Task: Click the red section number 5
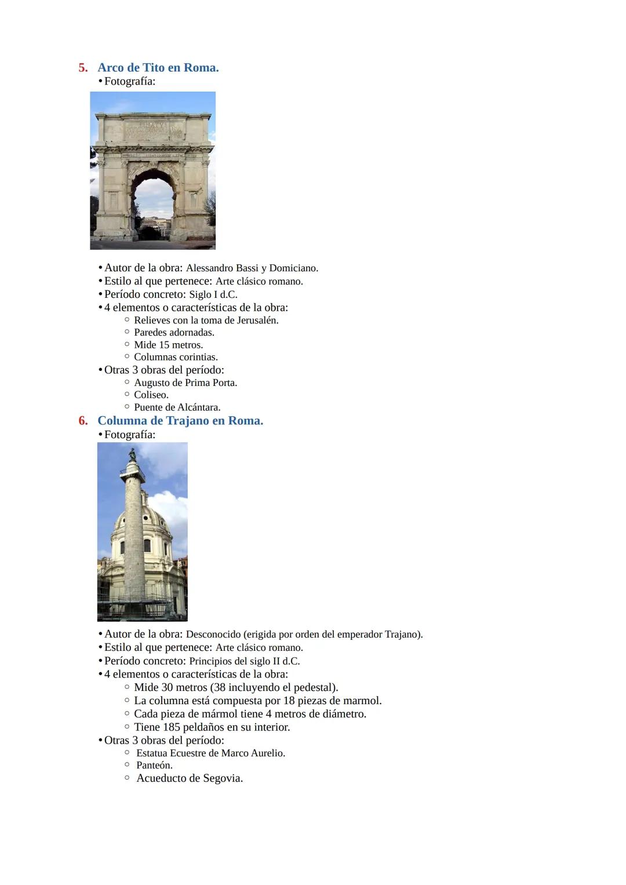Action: [x=83, y=68]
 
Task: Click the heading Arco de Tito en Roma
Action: [x=158, y=68]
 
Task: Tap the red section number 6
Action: [x=83, y=421]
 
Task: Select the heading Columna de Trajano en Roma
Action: [x=180, y=421]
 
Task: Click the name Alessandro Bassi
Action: [x=222, y=268]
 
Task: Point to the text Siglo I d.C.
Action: [x=213, y=294]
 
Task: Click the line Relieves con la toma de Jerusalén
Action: [x=206, y=321]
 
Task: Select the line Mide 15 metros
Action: [x=168, y=345]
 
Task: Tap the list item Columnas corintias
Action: [x=176, y=357]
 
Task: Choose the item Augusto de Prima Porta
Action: [x=185, y=383]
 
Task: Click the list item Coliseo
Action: [x=151, y=395]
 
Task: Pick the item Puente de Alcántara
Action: [x=177, y=407]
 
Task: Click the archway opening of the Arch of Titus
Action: [x=153, y=209]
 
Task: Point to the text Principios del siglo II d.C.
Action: [x=244, y=661]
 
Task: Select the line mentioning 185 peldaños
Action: [x=212, y=727]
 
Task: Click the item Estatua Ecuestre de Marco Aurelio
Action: [x=210, y=753]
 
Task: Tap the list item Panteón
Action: [x=154, y=766]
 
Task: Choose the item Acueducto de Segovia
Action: [x=189, y=778]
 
